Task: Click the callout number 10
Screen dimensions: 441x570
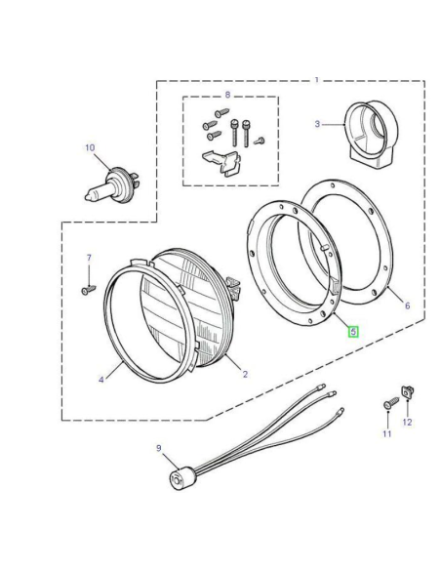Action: (x=90, y=148)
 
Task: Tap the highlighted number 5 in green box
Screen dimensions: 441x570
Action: (x=353, y=332)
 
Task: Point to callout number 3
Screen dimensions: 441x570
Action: (x=317, y=124)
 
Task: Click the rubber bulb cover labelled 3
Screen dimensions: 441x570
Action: (x=371, y=135)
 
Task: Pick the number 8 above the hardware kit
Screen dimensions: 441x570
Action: (x=227, y=95)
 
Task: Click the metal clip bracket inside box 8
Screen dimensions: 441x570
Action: (x=221, y=163)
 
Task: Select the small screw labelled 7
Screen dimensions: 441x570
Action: (x=88, y=290)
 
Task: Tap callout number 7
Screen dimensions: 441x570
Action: (x=89, y=258)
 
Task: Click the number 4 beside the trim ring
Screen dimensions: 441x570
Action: (x=101, y=380)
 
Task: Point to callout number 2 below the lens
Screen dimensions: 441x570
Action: (x=245, y=374)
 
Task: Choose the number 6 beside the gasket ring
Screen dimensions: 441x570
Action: (x=407, y=305)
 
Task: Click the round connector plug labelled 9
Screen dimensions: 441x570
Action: (x=180, y=479)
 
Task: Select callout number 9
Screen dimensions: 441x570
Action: (x=159, y=448)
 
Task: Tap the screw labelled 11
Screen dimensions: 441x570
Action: (x=391, y=403)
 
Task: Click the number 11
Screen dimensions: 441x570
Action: (x=387, y=433)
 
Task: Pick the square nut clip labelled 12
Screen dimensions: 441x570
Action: (x=407, y=392)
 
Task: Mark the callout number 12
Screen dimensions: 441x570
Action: (x=407, y=422)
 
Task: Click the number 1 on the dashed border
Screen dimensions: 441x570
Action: (x=317, y=80)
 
